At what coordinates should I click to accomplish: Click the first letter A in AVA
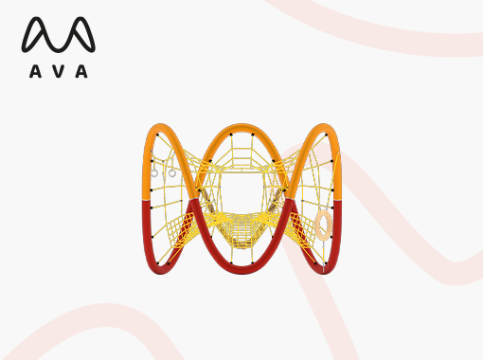35,71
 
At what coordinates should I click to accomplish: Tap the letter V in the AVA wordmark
59,71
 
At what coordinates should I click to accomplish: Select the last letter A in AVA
81,71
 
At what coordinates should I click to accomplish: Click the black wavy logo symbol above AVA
59,34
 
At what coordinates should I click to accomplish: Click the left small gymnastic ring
154,173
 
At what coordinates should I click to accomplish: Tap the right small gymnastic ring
172,173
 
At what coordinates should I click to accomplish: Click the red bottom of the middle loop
241,271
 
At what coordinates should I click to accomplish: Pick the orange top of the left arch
161,126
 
